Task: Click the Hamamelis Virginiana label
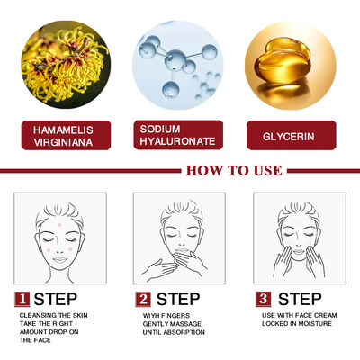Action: point(66,135)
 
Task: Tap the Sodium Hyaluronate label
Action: point(178,135)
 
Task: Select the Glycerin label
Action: point(292,135)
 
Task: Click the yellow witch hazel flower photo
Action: point(66,64)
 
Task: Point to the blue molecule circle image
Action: point(178,65)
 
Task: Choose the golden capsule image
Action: point(291,65)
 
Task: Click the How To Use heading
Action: point(234,171)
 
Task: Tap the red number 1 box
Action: point(22,299)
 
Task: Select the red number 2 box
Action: point(143,299)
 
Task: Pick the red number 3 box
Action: point(264,299)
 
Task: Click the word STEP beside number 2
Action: point(178,299)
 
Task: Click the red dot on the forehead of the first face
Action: point(59,225)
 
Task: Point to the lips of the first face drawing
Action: point(60,260)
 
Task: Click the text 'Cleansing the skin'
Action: point(54,315)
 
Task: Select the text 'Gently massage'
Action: point(172,324)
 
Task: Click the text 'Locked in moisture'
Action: point(297,324)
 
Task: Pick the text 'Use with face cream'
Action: point(299,316)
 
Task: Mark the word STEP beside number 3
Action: point(300,299)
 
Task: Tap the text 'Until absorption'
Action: point(174,332)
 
